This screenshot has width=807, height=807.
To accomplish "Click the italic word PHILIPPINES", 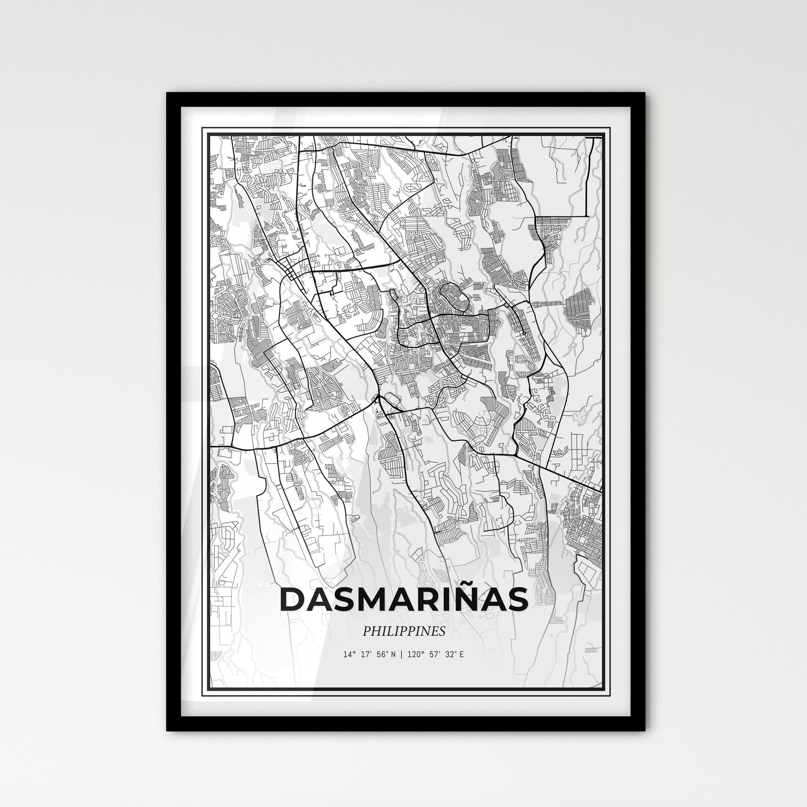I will pyautogui.click(x=403, y=632).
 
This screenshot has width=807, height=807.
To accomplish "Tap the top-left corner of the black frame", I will pyautogui.click(x=168, y=94).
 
